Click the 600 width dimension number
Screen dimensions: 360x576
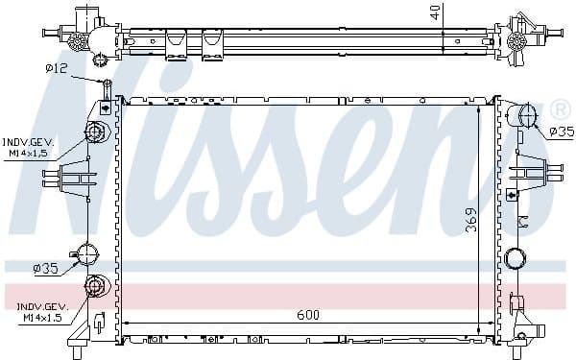[308, 314]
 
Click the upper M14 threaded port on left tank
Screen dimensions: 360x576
[95, 132]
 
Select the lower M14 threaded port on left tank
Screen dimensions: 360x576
[95, 286]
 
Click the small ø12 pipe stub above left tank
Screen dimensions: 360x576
[106, 89]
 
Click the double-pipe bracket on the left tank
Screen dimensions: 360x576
[77, 178]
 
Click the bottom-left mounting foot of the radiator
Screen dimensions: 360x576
[81, 336]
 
